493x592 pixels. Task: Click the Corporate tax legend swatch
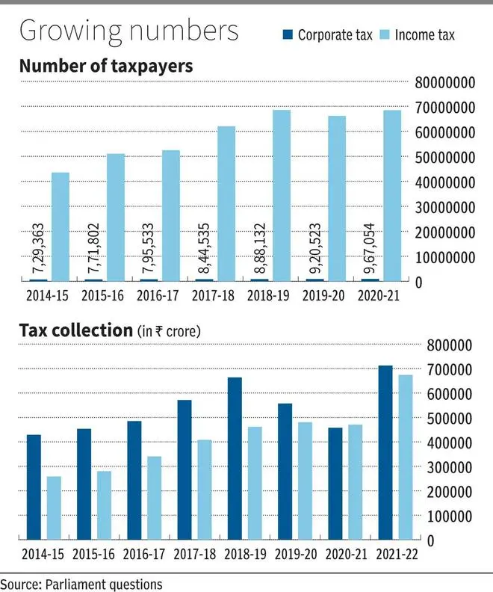pyautogui.click(x=287, y=35)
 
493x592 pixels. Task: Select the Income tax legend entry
pyautogui.click(x=422, y=35)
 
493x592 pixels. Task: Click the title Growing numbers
pyautogui.click(x=128, y=31)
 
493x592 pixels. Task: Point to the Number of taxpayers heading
pyautogui.click(x=105, y=67)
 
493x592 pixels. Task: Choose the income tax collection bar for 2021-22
pyautogui.click(x=405, y=457)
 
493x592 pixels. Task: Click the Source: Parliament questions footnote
pyautogui.click(x=81, y=582)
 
